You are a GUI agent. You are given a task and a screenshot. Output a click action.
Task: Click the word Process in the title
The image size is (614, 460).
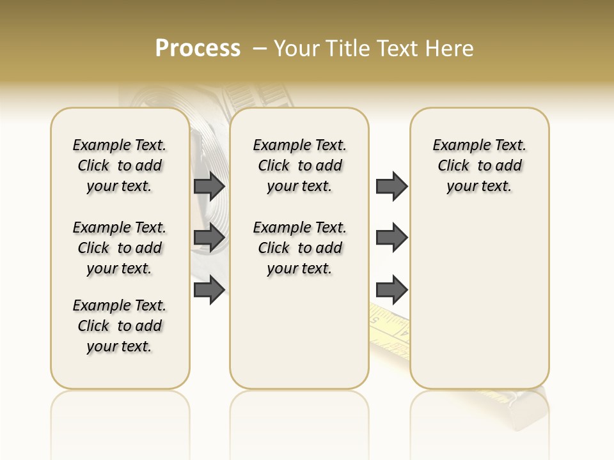pyautogui.click(x=198, y=48)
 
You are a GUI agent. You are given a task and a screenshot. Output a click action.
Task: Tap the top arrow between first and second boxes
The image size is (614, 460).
pyautogui.click(x=209, y=186)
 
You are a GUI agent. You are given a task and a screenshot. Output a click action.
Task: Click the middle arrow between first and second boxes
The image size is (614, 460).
pyautogui.click(x=209, y=238)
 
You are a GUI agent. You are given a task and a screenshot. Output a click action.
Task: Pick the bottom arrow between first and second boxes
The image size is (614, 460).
pyautogui.click(x=209, y=290)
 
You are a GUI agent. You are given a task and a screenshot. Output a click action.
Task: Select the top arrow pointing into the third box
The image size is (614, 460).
pyautogui.click(x=391, y=186)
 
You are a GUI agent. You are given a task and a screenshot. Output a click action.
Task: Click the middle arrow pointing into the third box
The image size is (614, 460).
pyautogui.click(x=391, y=238)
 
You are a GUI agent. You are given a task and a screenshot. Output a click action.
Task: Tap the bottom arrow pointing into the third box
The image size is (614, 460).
pyautogui.click(x=391, y=290)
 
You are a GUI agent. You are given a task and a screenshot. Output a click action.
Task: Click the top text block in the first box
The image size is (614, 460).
pyautogui.click(x=120, y=165)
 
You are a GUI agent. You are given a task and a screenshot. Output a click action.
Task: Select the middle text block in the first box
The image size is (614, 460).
pyautogui.click(x=120, y=248)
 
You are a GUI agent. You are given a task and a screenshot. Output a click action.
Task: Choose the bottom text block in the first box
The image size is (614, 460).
pyautogui.click(x=120, y=326)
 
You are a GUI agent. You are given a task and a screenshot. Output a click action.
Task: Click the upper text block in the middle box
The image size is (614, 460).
pyautogui.click(x=299, y=165)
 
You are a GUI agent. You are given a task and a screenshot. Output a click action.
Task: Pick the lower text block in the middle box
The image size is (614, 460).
pyautogui.click(x=299, y=248)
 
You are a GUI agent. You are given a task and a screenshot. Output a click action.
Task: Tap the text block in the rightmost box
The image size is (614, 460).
pyautogui.click(x=479, y=165)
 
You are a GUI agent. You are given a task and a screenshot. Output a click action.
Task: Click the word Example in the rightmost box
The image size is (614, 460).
pyautogui.click(x=457, y=146)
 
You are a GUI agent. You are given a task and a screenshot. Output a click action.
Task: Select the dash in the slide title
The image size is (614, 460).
pyautogui.click(x=260, y=49)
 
